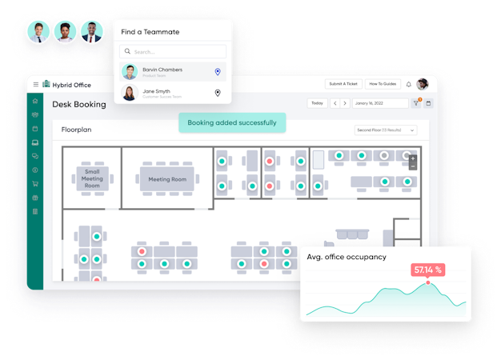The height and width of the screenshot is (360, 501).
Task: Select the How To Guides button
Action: pyautogui.click(x=383, y=84)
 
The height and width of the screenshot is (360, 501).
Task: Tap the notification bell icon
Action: pyautogui.click(x=408, y=84)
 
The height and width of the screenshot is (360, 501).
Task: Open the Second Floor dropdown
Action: pyautogui.click(x=386, y=130)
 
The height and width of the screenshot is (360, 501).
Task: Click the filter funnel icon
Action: pyautogui.click(x=415, y=103)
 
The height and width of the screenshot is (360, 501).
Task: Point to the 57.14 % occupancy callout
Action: pyautogui.click(x=428, y=270)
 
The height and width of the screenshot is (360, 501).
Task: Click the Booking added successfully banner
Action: pyautogui.click(x=232, y=122)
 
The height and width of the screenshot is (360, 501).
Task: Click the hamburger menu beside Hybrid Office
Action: pyautogui.click(x=35, y=84)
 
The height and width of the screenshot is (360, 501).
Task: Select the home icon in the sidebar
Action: pyautogui.click(x=35, y=102)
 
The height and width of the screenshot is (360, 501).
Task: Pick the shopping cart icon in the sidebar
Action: pyautogui.click(x=35, y=184)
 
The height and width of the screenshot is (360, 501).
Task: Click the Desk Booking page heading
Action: pyautogui.click(x=79, y=104)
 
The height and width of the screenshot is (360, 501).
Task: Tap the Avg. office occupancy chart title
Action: pyautogui.click(x=347, y=257)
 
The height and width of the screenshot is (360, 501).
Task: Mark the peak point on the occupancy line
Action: pyautogui.click(x=428, y=282)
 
